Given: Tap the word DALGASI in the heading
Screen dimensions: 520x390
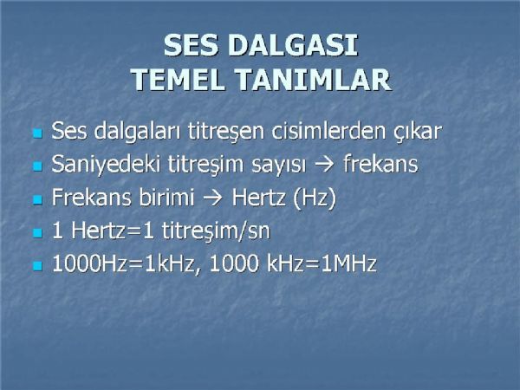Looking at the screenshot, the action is point(293,45).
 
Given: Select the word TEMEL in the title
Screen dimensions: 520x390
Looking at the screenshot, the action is point(179,80).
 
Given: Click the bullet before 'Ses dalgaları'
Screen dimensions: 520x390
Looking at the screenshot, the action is point(38,133).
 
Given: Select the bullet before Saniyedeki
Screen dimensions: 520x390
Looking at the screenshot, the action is point(38,166).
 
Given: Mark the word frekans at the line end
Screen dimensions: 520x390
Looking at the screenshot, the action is point(380,164).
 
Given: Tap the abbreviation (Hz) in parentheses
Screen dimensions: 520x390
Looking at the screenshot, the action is point(315,198).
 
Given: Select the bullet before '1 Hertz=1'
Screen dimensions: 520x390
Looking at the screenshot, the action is point(38,232).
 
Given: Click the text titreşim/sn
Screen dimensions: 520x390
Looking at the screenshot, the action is point(216,231).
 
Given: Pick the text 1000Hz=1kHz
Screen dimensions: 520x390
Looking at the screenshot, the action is point(123,264).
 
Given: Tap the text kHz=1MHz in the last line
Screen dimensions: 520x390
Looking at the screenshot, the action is point(322,264).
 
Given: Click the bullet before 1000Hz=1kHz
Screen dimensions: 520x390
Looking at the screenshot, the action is point(38,266).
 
